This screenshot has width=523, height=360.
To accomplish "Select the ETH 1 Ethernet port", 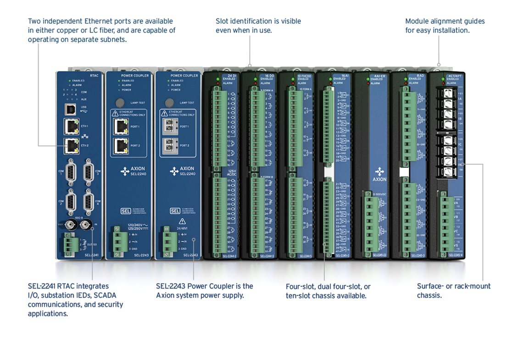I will tap(71, 125).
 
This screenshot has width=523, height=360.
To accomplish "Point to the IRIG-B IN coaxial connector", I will tap(86, 225).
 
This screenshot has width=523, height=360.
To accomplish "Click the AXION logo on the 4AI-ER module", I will tap(379, 173).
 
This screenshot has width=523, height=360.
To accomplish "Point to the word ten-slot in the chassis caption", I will tap(300, 296).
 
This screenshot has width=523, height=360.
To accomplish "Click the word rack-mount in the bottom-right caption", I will tap(473, 286).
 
